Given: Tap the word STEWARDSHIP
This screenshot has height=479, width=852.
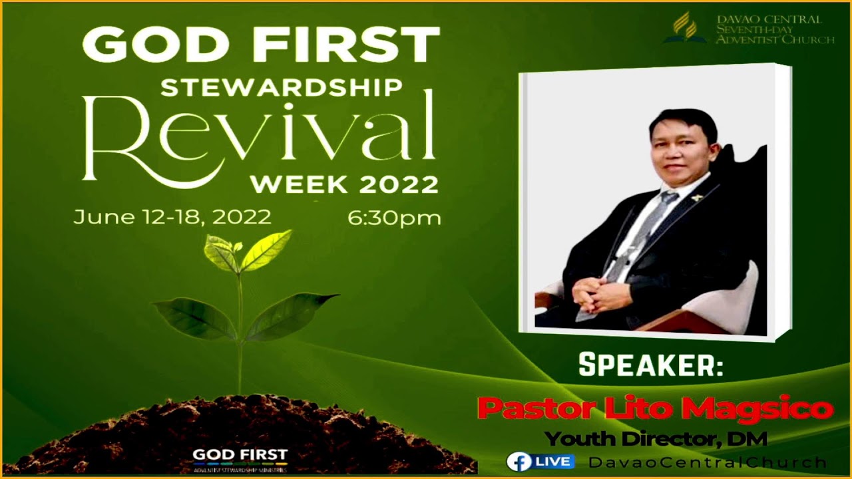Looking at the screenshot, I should pos(282,87).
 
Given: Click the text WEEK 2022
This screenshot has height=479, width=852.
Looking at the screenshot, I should pos(344,184).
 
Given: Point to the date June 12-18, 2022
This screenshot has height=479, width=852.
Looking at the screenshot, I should pos(172,217).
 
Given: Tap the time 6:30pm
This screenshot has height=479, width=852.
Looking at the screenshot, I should pos(394,218).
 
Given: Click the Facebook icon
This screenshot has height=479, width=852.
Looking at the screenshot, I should pos(518,462).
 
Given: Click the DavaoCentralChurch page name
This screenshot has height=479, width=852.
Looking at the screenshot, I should pos(708,462).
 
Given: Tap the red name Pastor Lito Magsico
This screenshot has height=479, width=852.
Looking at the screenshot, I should pos(655,408).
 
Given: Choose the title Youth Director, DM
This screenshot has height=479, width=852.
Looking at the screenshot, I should pos(656,439).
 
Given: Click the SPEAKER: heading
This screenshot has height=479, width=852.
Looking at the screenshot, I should pos(650,365).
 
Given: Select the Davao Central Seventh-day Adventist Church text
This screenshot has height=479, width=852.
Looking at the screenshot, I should pos(774,30).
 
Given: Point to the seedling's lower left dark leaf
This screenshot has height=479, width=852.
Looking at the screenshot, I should pos(194,318).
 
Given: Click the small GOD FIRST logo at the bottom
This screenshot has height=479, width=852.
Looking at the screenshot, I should pos(240,458).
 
